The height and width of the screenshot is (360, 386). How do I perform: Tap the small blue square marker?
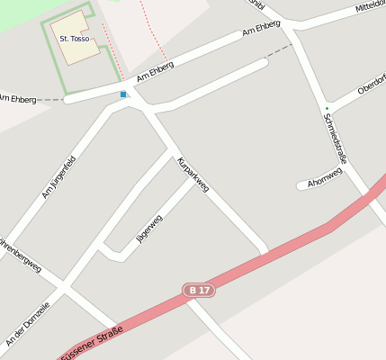coord(123,94)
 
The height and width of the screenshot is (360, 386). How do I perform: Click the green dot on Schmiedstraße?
coord(328,109)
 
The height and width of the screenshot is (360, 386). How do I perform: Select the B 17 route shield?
coord(199,290)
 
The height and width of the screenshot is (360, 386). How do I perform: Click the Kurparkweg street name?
coord(193,175)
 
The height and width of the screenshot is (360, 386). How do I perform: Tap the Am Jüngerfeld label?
coord(58,177)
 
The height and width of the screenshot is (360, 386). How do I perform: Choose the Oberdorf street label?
coord(371,86)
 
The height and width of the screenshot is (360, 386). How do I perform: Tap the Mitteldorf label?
coord(370,7)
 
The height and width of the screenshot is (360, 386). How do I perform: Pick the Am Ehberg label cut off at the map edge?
coord(17,98)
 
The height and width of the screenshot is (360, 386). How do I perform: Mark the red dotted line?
coord(152,27)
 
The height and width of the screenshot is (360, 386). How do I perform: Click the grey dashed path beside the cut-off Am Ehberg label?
coord(51,100)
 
